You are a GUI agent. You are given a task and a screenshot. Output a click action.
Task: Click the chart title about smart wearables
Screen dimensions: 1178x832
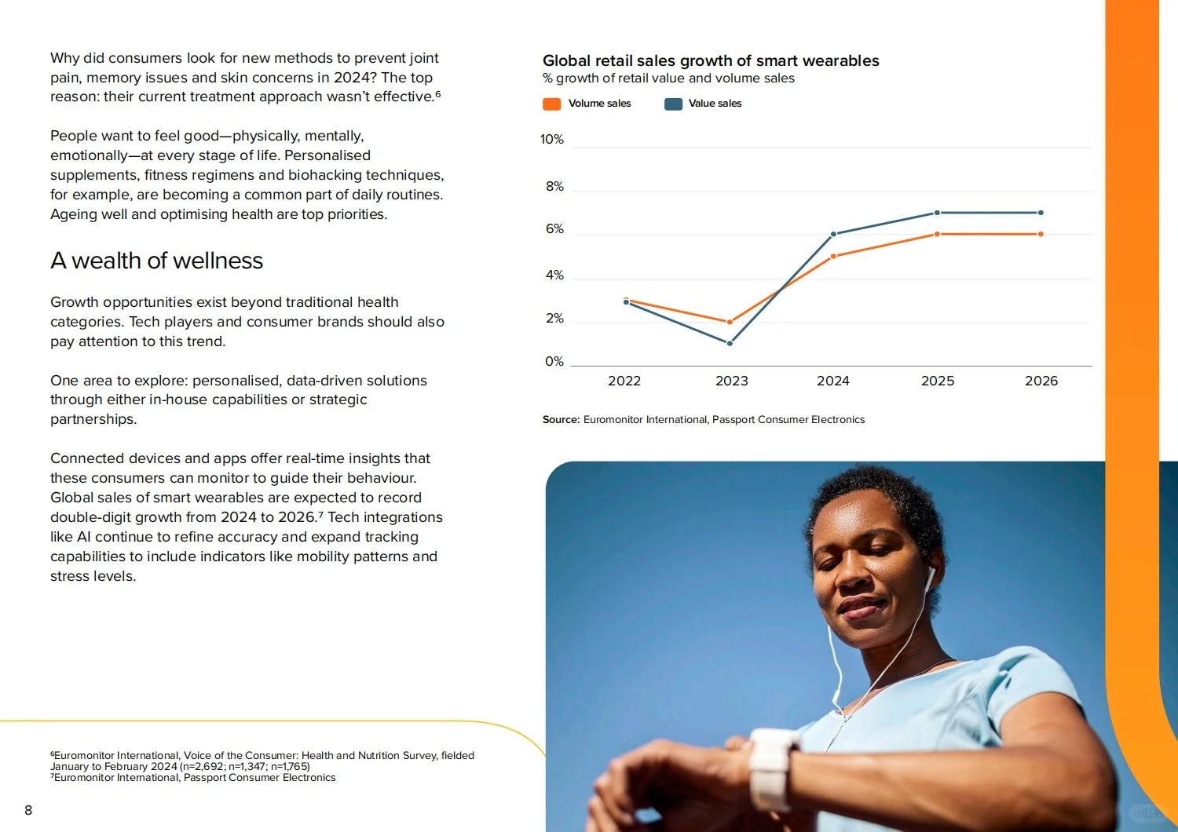click(711, 61)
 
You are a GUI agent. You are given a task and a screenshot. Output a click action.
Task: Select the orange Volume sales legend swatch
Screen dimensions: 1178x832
click(551, 104)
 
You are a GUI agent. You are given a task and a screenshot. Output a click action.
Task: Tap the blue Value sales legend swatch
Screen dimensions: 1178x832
click(673, 104)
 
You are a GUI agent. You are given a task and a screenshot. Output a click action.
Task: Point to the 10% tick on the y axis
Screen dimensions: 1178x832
click(551, 139)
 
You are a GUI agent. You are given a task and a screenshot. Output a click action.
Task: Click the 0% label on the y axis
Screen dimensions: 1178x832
click(554, 362)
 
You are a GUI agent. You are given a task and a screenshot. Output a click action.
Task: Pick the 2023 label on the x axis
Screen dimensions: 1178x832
click(731, 381)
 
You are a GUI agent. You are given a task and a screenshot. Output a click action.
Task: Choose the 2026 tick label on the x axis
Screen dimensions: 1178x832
click(1041, 381)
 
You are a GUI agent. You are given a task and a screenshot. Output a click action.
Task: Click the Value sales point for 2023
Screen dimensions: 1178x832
click(730, 343)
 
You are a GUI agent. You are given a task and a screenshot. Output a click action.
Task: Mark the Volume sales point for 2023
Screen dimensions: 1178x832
click(730, 322)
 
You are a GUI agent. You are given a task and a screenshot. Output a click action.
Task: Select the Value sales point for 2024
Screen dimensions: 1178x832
click(833, 234)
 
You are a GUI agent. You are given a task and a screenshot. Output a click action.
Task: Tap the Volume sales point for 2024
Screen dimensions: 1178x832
click(833, 257)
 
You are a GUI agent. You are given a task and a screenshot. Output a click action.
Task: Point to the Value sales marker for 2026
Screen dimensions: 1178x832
click(1041, 213)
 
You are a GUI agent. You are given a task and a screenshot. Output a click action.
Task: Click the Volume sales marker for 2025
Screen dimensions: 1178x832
click(937, 234)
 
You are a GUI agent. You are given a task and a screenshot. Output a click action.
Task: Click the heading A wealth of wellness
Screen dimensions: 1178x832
click(157, 261)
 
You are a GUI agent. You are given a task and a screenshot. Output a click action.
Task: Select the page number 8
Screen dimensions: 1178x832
click(28, 810)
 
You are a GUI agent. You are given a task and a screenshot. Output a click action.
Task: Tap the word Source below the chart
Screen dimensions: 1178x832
click(562, 419)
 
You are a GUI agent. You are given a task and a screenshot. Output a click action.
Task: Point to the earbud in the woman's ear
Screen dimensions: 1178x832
click(930, 579)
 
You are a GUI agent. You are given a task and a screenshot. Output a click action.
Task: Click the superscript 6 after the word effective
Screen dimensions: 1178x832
click(438, 94)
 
